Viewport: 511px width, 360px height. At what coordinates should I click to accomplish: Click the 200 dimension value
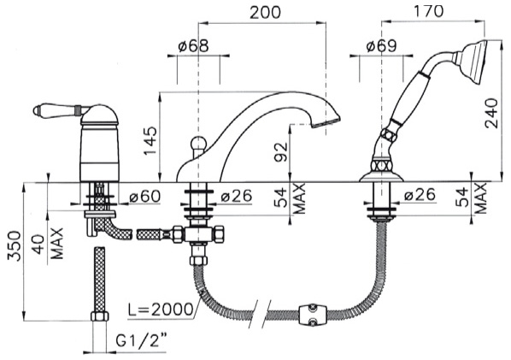point(265,12)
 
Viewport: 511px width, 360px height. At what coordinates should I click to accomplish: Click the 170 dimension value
point(428,11)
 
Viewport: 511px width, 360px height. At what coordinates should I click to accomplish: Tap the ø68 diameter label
point(194,46)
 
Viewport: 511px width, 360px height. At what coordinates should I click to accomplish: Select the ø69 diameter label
point(382,46)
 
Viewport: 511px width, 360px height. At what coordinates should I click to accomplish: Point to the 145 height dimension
point(150,141)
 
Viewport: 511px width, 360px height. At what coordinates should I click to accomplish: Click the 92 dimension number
point(280,152)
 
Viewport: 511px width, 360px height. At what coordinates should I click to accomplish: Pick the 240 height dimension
point(491,113)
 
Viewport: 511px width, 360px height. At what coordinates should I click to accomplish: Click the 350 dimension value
point(15,246)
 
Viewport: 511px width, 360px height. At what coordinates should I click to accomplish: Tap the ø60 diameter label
point(144,197)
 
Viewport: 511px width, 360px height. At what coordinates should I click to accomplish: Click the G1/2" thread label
point(141,341)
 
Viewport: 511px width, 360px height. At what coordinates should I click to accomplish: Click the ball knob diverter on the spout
point(197,143)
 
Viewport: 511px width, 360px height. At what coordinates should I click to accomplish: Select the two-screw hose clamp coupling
point(313,315)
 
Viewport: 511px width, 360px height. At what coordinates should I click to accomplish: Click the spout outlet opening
point(326,123)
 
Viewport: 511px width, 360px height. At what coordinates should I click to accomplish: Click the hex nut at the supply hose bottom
point(100,316)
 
